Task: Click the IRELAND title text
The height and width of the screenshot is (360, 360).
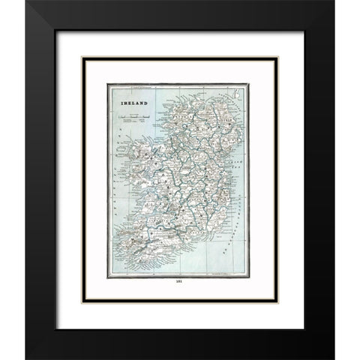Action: pos(129,99)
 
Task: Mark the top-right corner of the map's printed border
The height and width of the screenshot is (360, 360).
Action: pos(247,85)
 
